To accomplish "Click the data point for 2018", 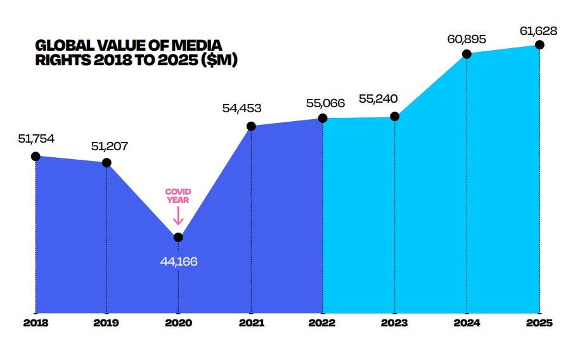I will (35, 156).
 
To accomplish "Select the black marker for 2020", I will (178, 237).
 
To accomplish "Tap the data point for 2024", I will (467, 54).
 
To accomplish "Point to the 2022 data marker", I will (323, 118).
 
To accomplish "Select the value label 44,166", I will (179, 260).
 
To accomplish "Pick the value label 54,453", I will (242, 108).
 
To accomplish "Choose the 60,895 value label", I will (467, 39).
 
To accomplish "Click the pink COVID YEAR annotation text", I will (178, 196).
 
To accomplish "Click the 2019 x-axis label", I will (106, 322).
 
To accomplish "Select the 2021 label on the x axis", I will (251, 322).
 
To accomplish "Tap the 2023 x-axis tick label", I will (395, 322).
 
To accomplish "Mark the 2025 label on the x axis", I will (539, 322).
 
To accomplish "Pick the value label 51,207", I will (109, 146).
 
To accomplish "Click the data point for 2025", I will (539, 44).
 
